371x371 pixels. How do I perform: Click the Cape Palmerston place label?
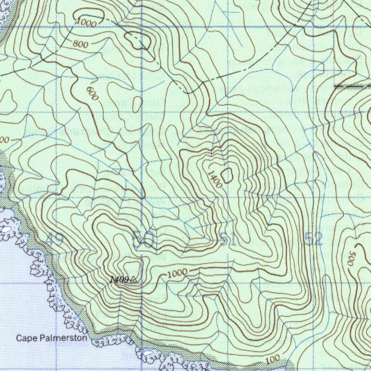(51, 338)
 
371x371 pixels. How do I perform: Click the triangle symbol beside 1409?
(133, 279)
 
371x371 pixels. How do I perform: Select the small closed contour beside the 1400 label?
(227, 176)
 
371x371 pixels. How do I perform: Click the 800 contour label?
(80, 44)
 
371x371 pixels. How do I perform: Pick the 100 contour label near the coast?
(272, 360)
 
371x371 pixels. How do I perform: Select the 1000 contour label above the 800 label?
(86, 23)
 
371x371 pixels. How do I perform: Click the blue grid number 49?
(55, 239)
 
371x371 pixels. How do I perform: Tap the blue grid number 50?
(144, 239)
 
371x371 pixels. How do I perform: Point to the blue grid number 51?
(228, 239)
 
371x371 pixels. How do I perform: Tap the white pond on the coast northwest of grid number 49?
(6, 229)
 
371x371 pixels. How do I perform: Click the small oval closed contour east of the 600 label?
(137, 104)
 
